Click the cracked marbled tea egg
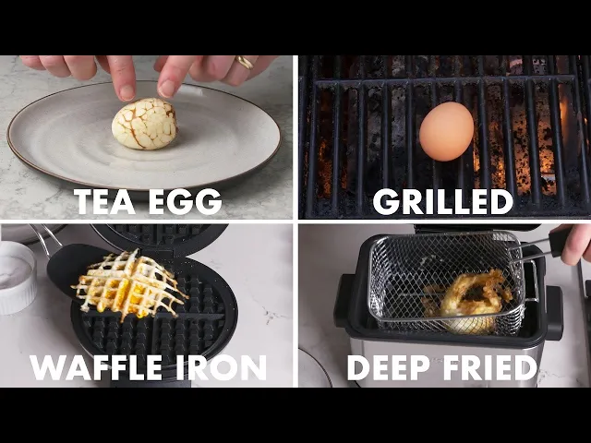pyautogui.click(x=145, y=124)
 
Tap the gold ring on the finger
pyautogui.click(x=245, y=62)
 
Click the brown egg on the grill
pyautogui.click(x=447, y=131)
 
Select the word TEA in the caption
pyautogui.click(x=104, y=201)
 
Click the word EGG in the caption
pyautogui.click(x=185, y=201)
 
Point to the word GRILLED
pyautogui.click(x=443, y=201)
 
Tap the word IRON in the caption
pyautogui.click(x=222, y=367)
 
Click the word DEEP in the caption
pyautogui.click(x=389, y=367)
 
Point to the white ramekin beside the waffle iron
pyautogui.click(x=17, y=278)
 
